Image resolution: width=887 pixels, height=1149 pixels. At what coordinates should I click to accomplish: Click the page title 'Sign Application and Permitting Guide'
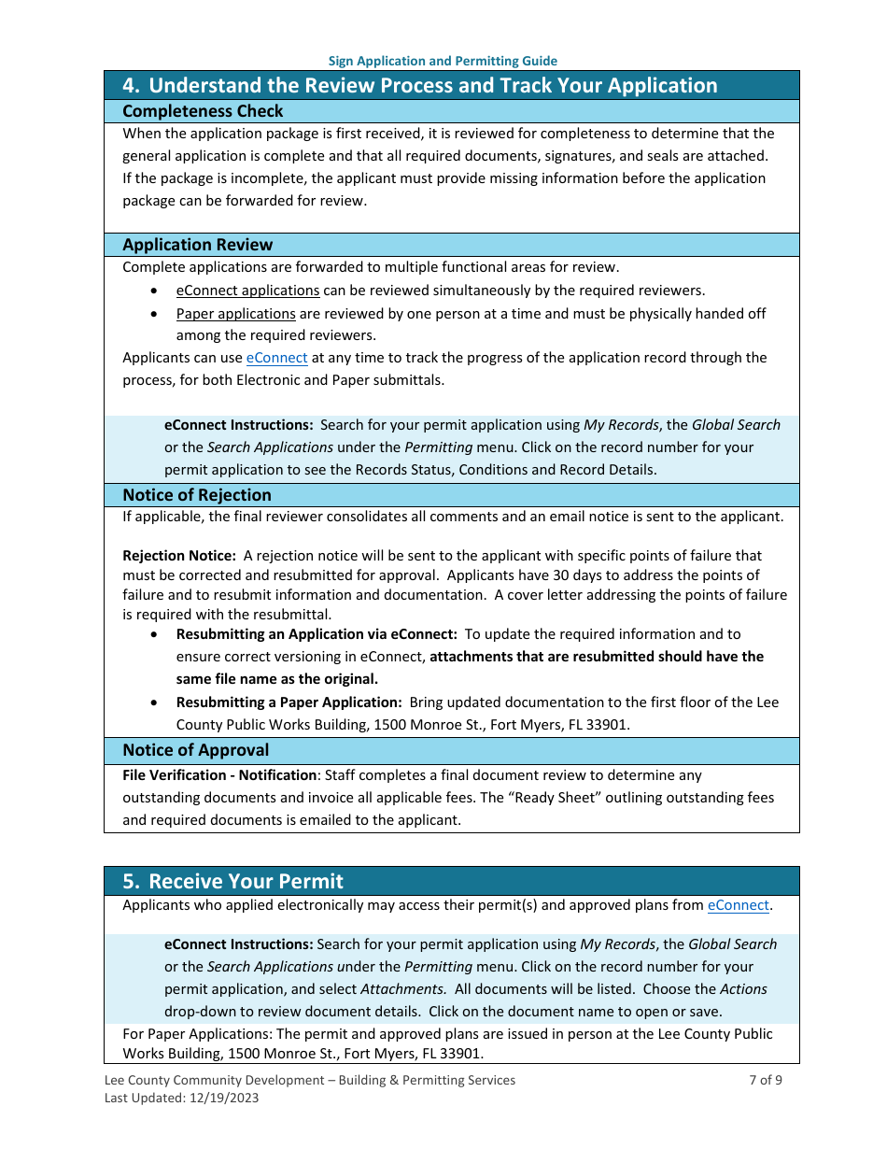[443, 61]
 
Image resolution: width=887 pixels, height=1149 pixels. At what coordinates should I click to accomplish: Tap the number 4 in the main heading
[131, 85]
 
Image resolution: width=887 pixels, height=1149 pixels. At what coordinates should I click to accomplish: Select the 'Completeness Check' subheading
[203, 111]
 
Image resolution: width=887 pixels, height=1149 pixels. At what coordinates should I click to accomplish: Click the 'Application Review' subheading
[197, 245]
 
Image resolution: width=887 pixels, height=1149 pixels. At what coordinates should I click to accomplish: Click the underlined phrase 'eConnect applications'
[247, 291]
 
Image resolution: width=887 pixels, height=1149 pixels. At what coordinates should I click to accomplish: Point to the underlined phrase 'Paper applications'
[235, 314]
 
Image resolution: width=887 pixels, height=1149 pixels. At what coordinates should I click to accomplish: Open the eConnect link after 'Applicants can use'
[276, 358]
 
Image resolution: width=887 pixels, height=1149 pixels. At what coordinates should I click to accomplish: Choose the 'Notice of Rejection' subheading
[196, 495]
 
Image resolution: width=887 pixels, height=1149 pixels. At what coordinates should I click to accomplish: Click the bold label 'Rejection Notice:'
[179, 556]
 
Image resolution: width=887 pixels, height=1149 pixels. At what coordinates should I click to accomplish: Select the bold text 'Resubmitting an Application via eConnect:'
[317, 634]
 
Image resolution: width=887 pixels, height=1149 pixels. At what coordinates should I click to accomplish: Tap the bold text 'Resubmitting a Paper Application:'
[289, 702]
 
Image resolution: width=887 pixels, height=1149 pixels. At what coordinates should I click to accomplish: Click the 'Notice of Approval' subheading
[195, 750]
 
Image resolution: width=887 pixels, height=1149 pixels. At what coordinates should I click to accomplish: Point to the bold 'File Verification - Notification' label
[219, 775]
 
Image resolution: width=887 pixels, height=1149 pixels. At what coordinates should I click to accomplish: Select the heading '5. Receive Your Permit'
[232, 881]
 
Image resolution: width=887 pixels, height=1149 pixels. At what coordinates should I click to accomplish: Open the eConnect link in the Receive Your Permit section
[738, 905]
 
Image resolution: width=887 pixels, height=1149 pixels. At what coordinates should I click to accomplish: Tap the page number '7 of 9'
[766, 1080]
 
